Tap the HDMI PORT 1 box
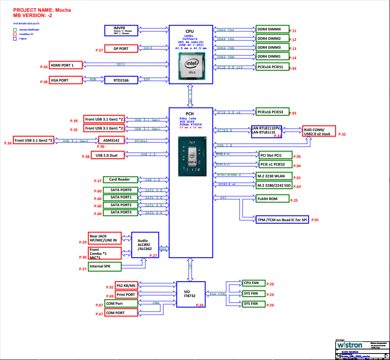click(66, 65)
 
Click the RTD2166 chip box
click(121, 80)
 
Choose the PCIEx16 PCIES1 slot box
click(272, 67)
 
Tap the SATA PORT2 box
click(121, 205)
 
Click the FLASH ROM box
click(272, 199)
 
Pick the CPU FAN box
click(253, 283)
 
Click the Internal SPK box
click(105, 266)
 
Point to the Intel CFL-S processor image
click(191, 67)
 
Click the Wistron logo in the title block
click(350, 345)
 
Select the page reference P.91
click(315, 220)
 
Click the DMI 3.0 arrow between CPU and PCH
click(190, 96)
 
